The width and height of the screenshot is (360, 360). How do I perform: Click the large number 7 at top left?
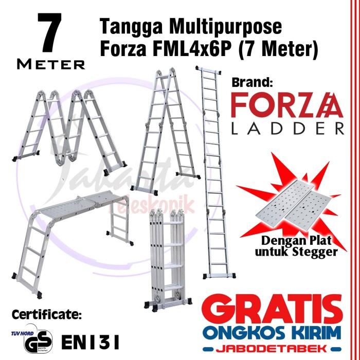tap(50, 33)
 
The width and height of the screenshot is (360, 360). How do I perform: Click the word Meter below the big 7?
tap(51, 64)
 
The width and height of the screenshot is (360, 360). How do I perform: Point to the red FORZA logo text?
tap(286, 106)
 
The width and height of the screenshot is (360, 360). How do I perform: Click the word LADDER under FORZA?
tap(286, 129)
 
